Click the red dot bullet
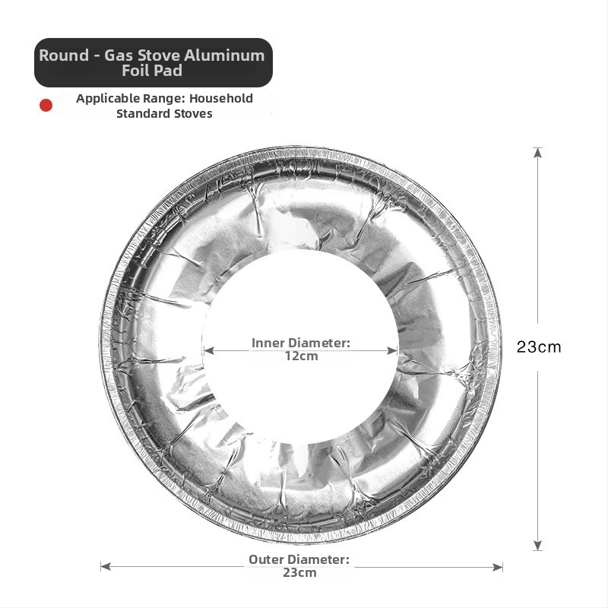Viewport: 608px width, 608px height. (46, 105)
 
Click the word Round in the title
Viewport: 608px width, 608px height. (64, 55)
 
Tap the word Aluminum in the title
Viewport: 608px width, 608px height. (224, 55)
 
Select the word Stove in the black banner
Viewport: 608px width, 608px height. (159, 55)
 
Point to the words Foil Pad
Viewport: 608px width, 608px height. (152, 71)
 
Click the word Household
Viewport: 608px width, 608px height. (221, 99)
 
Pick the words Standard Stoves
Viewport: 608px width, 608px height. (164, 113)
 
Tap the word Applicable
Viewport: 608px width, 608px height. (108, 99)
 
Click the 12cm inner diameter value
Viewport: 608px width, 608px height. (301, 356)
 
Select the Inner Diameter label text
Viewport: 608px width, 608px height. (300, 343)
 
